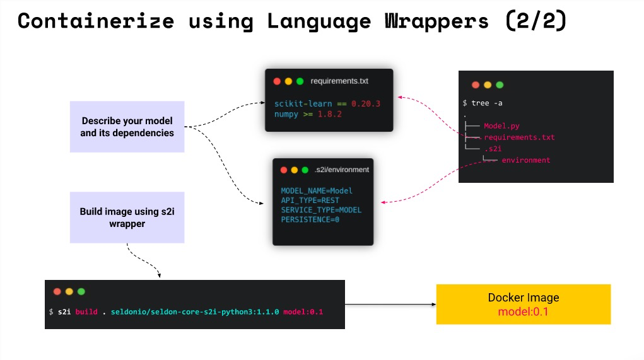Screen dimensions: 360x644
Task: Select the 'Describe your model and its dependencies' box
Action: tap(127, 127)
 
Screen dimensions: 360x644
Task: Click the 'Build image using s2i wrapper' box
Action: tap(127, 218)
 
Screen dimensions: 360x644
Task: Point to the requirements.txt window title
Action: tap(339, 81)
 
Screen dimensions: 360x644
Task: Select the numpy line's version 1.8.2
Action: tap(329, 114)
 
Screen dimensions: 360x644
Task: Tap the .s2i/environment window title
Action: tap(341, 170)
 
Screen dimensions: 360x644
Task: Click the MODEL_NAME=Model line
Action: tap(317, 190)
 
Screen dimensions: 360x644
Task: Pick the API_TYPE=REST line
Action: tap(310, 200)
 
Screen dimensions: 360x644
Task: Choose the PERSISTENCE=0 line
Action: tap(310, 219)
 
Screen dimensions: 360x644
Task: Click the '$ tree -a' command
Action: tap(483, 103)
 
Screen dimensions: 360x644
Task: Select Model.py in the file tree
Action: tap(501, 126)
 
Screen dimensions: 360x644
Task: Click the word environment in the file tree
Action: tap(526, 160)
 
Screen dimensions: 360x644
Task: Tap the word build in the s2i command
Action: tap(86, 312)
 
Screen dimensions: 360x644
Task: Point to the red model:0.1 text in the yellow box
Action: tap(524, 311)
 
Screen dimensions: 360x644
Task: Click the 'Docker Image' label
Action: tap(524, 298)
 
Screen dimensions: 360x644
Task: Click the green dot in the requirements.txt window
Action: tap(300, 81)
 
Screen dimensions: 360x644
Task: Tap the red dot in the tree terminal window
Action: tap(476, 85)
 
